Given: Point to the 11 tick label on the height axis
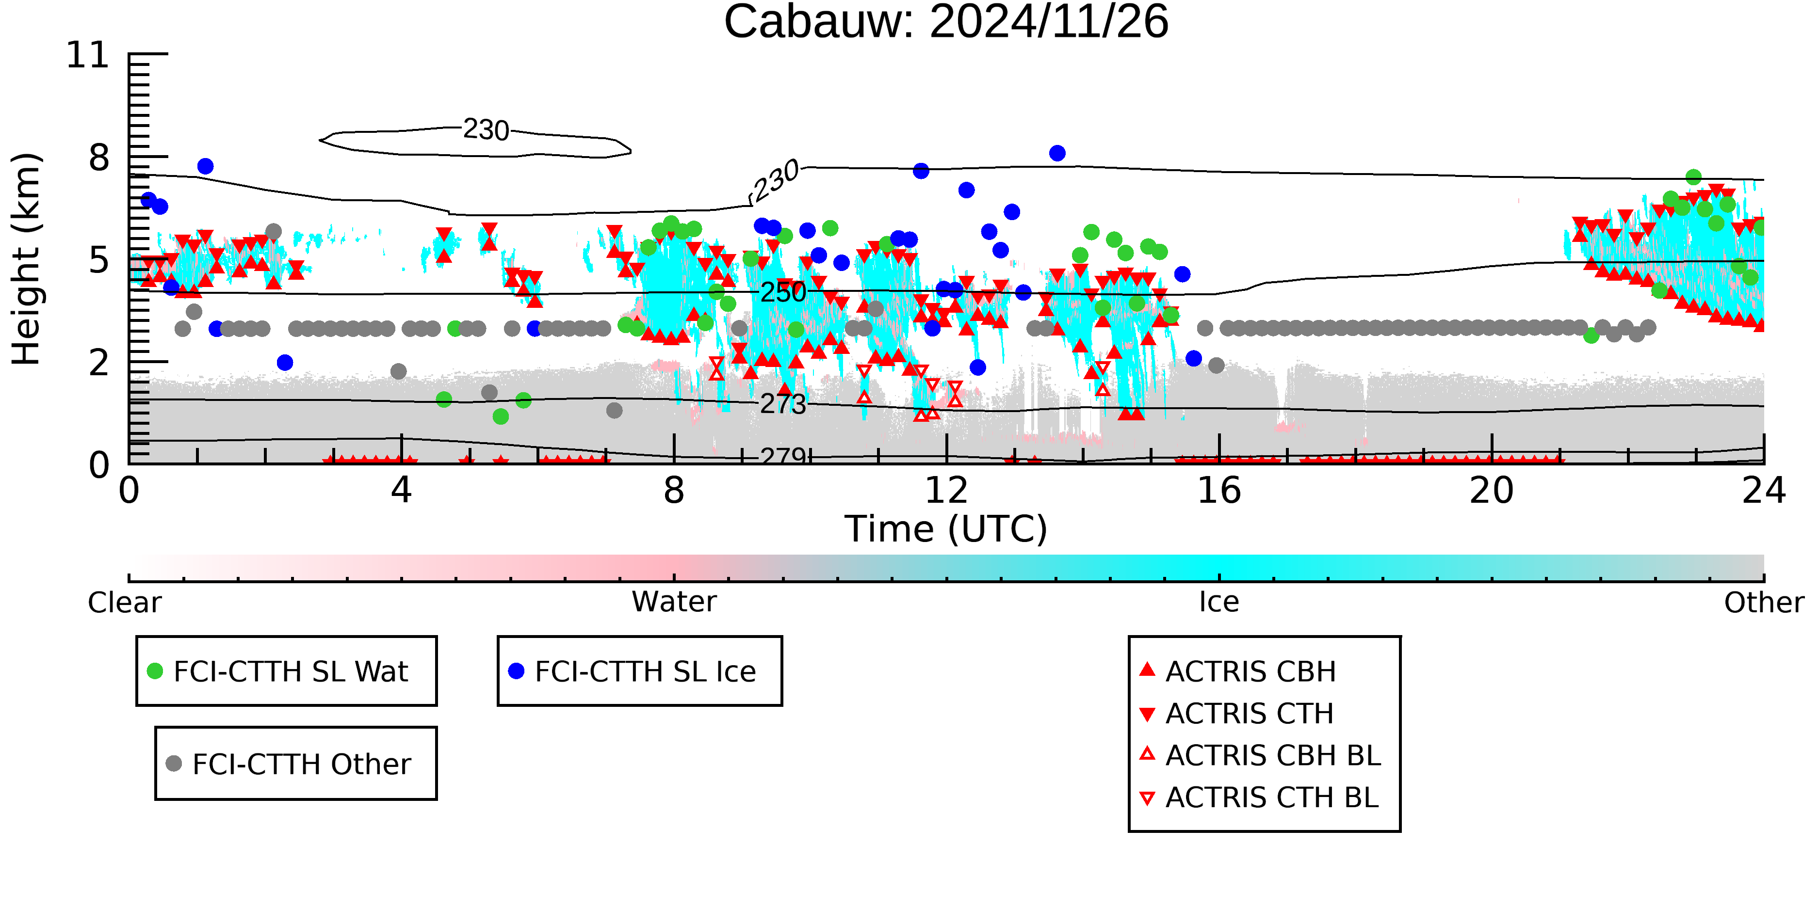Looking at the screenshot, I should (x=88, y=55).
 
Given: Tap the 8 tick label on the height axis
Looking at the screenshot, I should (x=99, y=158).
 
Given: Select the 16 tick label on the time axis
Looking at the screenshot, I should (x=1219, y=491).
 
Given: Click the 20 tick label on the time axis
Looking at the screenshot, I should (x=1492, y=491).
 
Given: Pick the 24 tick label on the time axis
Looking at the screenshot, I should (x=1763, y=491).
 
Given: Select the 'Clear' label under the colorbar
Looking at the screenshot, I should (x=124, y=603).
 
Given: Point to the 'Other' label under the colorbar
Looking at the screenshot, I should (x=1763, y=603).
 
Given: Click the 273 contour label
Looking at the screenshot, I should (x=782, y=404).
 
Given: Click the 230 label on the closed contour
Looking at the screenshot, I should (x=486, y=130).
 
